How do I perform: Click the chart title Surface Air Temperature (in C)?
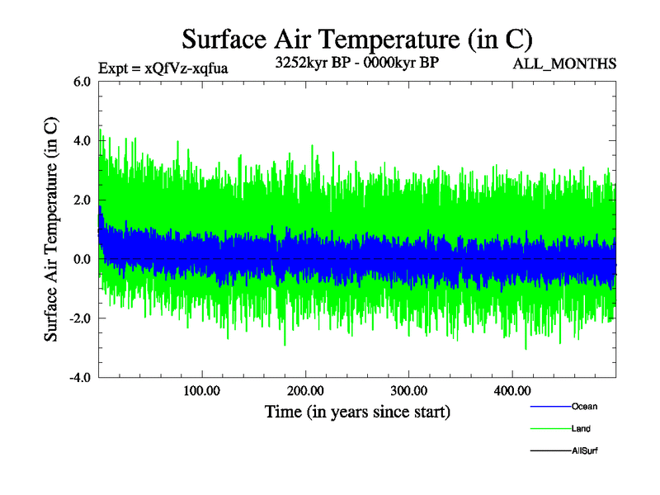357,39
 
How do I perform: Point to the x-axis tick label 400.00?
511,391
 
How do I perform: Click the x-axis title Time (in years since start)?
357,411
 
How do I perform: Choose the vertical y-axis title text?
51,229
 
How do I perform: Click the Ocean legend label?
584,407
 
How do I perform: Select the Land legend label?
581,429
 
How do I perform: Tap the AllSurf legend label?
585,451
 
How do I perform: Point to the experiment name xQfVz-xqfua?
186,68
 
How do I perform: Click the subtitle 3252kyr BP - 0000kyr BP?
356,63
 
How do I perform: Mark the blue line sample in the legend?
549,407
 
